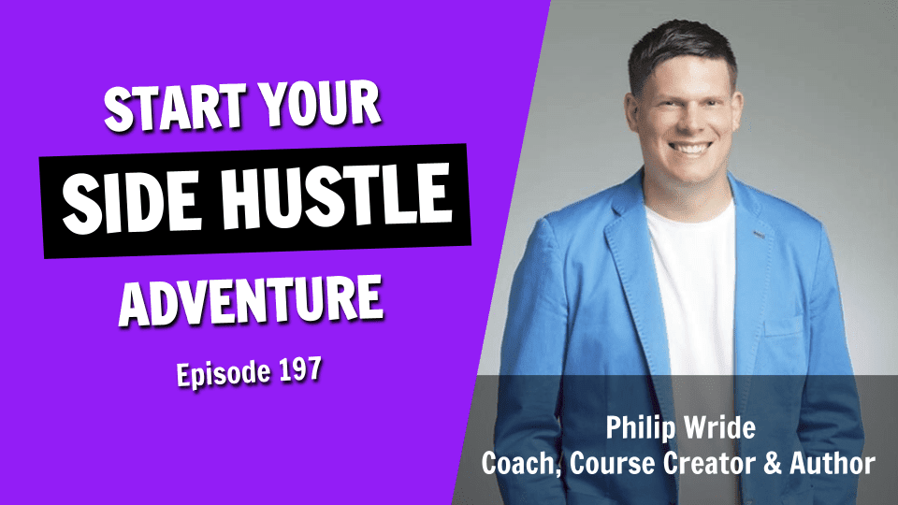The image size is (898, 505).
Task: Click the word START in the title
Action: click(x=175, y=108)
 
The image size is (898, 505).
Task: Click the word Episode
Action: click(x=224, y=374)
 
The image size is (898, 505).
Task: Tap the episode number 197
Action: click(x=300, y=370)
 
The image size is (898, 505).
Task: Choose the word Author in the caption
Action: click(x=833, y=463)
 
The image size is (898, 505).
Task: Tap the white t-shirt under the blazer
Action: click(x=693, y=286)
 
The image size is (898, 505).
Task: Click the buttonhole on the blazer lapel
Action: click(x=760, y=234)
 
